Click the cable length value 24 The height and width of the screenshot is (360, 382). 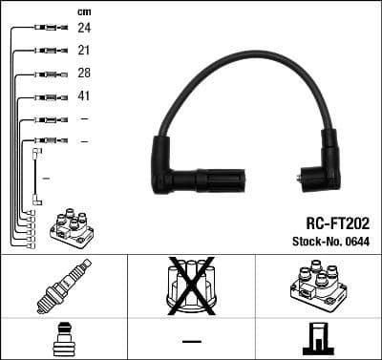point(84,29)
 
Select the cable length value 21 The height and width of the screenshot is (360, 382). point(84,51)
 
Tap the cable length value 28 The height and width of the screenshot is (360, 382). point(84,74)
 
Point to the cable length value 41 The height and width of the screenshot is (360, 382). point(84,96)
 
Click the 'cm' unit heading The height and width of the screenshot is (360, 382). point(83,11)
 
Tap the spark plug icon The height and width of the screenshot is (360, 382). point(63,286)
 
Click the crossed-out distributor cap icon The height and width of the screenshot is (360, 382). point(191,285)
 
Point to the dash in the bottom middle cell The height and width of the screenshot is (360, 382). point(191,341)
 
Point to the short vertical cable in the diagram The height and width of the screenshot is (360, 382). point(36,177)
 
